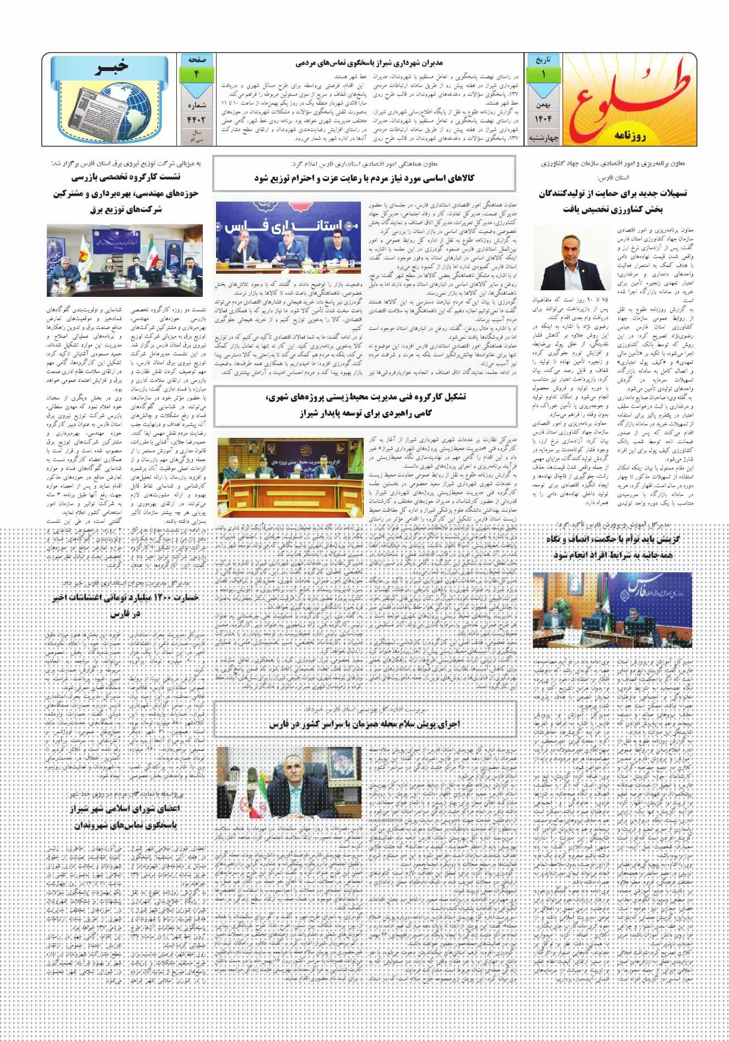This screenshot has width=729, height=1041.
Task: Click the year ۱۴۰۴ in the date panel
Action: click(543, 119)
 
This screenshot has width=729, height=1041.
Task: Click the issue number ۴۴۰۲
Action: click(196, 117)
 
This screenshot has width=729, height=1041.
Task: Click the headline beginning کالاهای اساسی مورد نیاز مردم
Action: click(365, 178)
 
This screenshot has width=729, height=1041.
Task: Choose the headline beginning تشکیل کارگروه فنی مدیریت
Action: click(365, 404)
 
